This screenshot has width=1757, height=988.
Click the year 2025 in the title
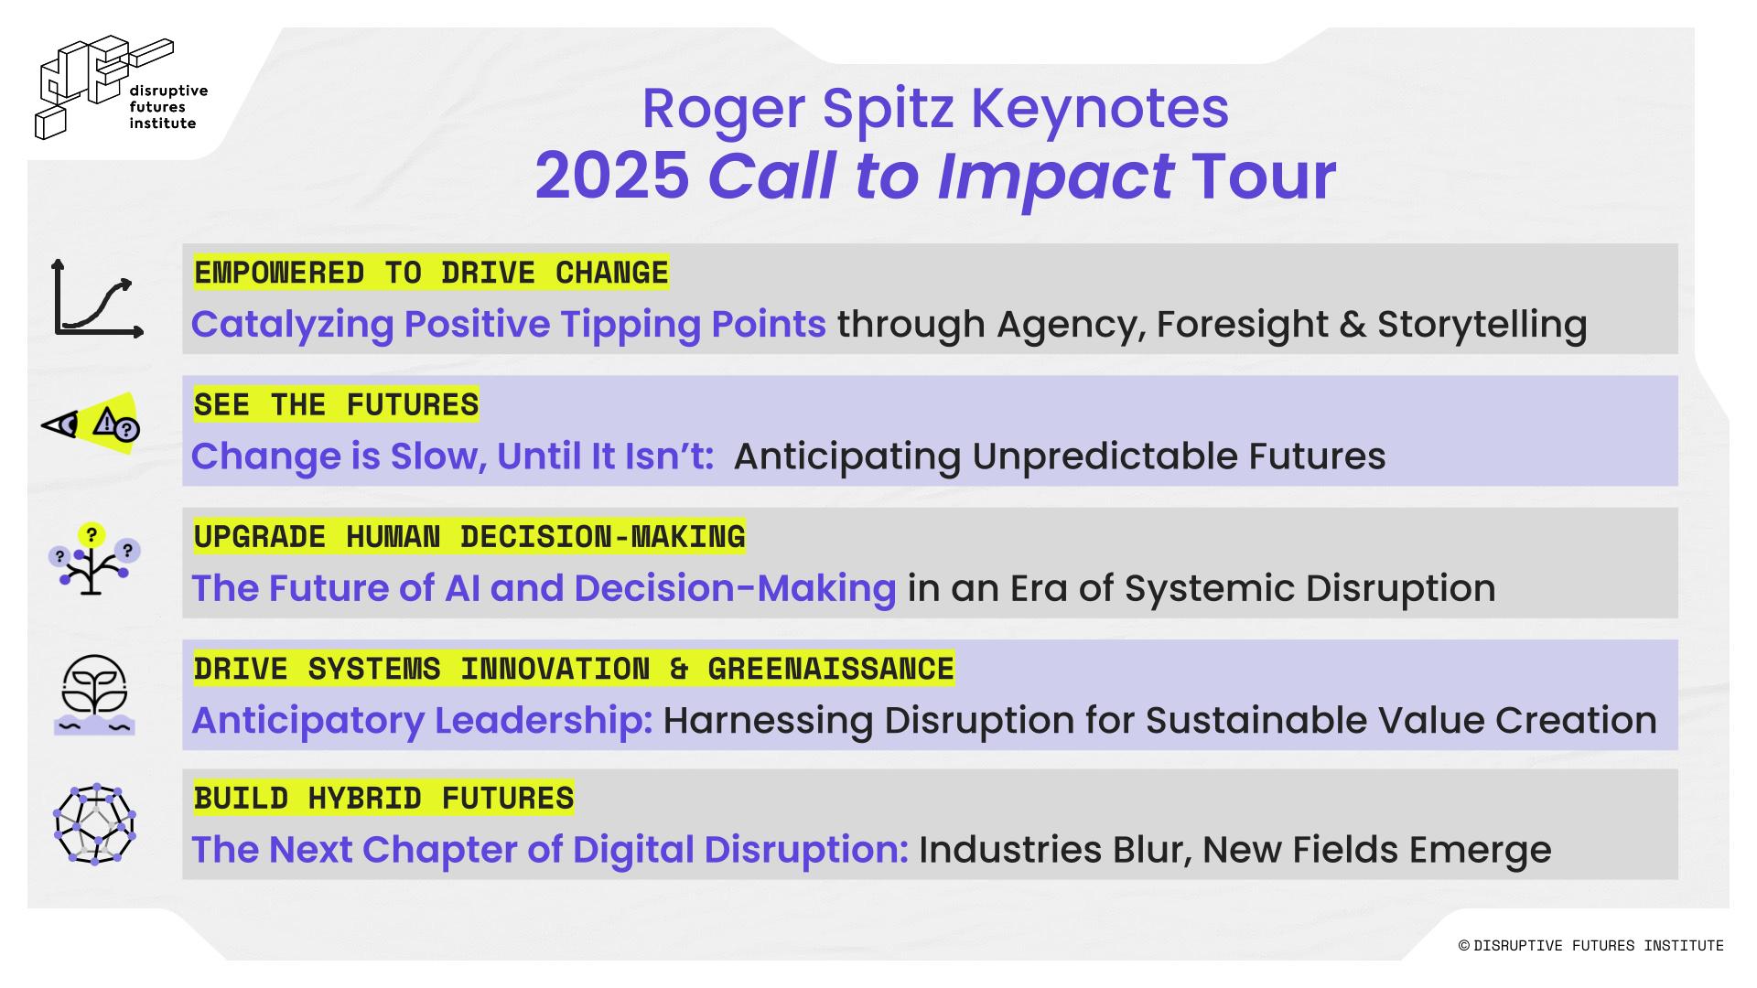coord(612,175)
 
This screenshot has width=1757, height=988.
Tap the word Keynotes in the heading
coord(1099,110)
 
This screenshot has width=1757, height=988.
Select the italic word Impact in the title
coord(1055,177)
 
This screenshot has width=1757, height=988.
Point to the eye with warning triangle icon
coord(91,424)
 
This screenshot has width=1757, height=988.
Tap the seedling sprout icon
coord(94,694)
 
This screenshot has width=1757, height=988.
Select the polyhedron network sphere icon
coord(94,824)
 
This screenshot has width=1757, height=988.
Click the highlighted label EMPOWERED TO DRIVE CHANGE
coord(431,273)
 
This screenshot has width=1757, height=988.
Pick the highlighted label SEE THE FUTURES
coord(336,404)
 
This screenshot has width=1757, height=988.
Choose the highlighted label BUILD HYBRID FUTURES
coord(383,798)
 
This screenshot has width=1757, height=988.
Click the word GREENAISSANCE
coord(831,669)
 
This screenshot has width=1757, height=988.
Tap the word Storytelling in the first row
coord(1482,326)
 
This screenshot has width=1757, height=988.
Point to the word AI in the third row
coord(462,588)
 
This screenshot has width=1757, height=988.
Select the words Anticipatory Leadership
coord(422,722)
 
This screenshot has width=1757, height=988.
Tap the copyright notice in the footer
coord(1590,945)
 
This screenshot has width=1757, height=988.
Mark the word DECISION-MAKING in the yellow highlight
coord(602,537)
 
